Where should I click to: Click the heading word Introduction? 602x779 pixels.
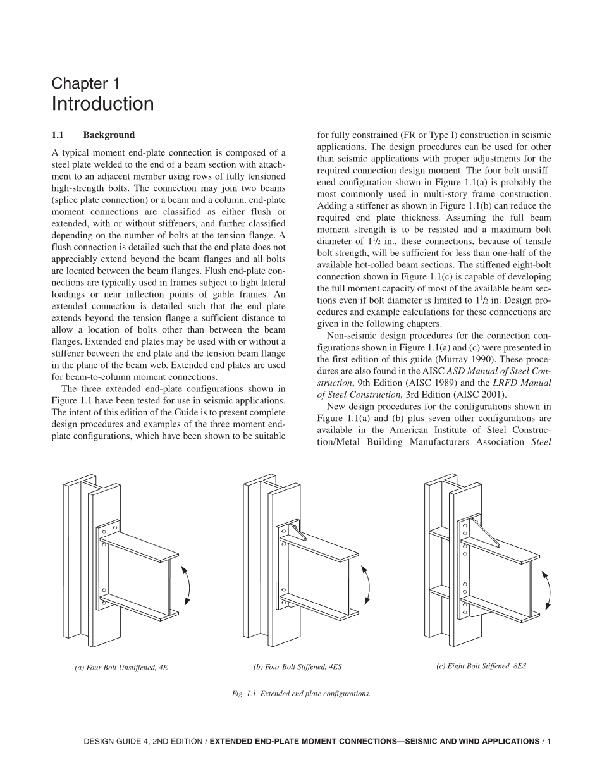pos(102,104)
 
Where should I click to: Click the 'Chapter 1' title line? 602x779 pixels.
pos(85,83)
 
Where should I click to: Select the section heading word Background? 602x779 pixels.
pos(109,135)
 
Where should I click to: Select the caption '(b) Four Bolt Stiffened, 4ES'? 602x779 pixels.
pos(297,667)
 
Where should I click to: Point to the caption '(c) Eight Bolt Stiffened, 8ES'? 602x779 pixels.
pos(481,666)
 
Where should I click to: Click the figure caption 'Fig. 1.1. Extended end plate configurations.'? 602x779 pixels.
pos(301,694)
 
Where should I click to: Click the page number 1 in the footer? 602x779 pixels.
pos(549,741)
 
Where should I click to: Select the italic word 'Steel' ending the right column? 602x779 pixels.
pos(541,442)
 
